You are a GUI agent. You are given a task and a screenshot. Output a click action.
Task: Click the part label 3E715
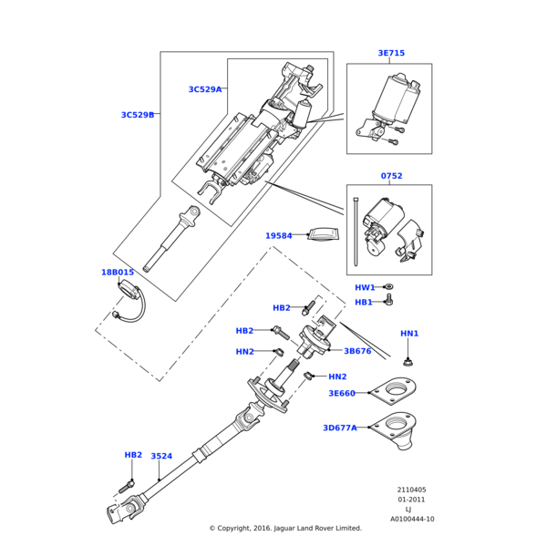[x=391, y=53]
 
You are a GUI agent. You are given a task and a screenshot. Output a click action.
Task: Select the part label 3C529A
[x=205, y=89]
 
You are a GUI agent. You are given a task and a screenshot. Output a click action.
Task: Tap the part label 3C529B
[x=138, y=115]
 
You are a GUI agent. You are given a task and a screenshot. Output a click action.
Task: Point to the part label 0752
[x=391, y=176]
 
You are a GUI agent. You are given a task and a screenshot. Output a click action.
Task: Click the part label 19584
[x=279, y=236]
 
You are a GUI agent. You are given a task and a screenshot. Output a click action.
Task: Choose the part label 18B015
[x=118, y=272]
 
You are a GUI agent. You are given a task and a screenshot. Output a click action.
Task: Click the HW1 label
[x=365, y=287]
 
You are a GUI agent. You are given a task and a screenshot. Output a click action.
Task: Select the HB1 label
[x=364, y=302]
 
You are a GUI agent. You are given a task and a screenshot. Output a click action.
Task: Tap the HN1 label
[x=409, y=334]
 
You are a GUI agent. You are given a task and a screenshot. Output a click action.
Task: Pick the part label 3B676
[x=357, y=351]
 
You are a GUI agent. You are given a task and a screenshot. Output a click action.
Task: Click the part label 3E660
[x=342, y=394]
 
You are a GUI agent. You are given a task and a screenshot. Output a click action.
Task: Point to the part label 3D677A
[x=340, y=428]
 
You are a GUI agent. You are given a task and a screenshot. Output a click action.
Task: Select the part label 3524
[x=161, y=456]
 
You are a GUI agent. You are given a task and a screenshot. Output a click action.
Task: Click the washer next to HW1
[x=388, y=287]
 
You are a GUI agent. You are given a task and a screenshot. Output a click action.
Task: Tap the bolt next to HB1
[x=389, y=300]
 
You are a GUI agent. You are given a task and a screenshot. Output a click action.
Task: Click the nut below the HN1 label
[x=407, y=363]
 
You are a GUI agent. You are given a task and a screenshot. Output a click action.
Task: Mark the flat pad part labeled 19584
[x=324, y=233]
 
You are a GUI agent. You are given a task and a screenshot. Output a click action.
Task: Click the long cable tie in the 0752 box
[x=356, y=232]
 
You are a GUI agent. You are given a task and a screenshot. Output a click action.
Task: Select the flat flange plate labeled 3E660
[x=393, y=391]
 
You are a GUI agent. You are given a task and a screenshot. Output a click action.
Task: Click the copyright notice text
[x=285, y=528]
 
